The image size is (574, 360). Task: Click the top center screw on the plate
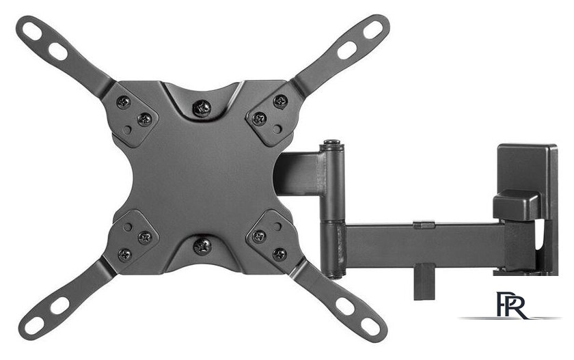[x=202, y=109]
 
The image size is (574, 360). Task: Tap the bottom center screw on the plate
[x=202, y=246]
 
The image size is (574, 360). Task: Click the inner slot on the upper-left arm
[x=58, y=52]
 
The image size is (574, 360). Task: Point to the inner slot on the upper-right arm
[x=346, y=50]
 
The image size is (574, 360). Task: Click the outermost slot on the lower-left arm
[x=34, y=325]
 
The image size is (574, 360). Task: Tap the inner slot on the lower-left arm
[x=59, y=305]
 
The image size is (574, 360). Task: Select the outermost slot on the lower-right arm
[x=370, y=326]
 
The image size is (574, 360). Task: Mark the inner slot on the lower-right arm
[x=345, y=306]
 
